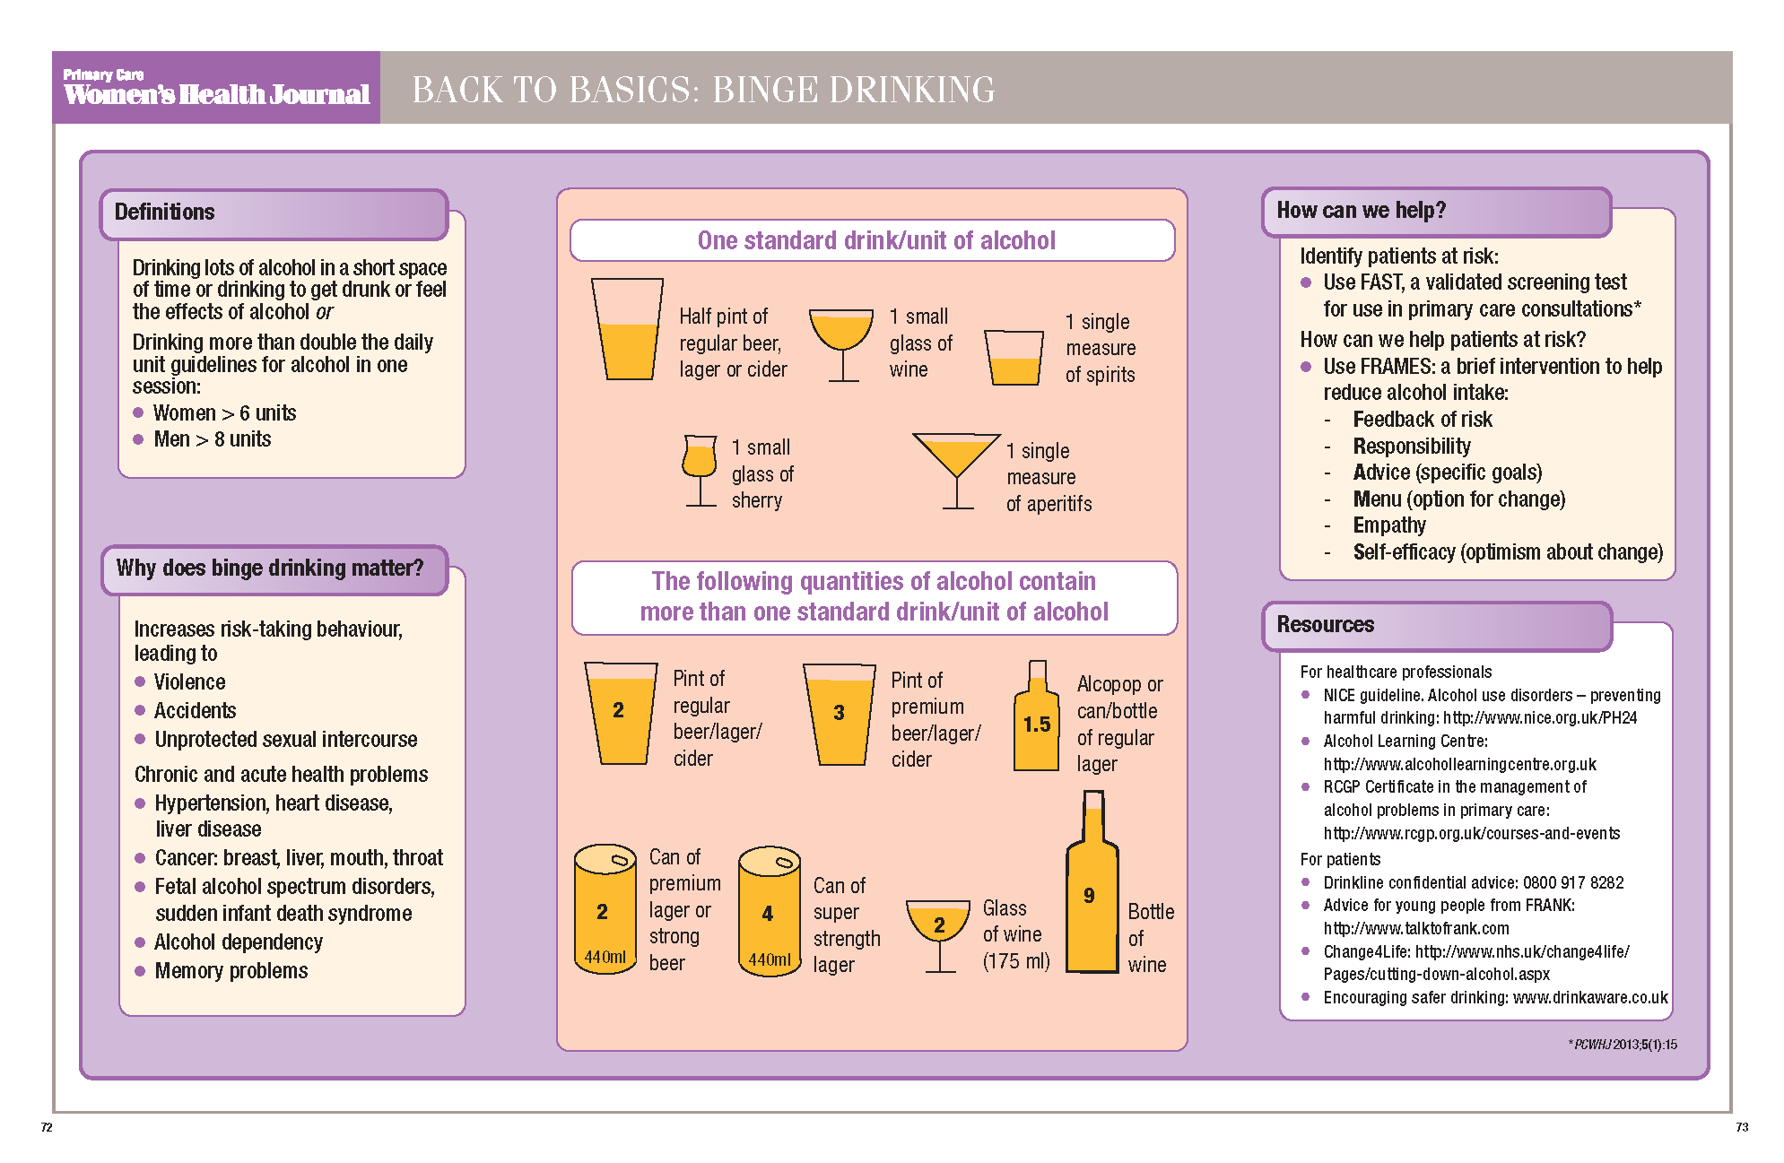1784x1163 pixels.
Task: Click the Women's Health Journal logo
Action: [x=216, y=88]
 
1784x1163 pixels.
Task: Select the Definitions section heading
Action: [x=165, y=213]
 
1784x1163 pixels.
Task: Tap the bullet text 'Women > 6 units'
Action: [x=223, y=413]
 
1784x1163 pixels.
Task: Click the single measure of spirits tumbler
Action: [x=1014, y=358]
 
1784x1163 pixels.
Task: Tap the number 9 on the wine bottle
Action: [x=1089, y=895]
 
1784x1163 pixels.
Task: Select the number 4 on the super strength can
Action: [x=767, y=914]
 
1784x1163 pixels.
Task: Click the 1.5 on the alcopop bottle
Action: [x=1036, y=725]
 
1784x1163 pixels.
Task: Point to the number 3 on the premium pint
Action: [x=839, y=713]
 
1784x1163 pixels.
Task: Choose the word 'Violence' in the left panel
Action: [x=189, y=682]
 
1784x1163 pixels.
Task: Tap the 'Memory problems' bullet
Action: [x=231, y=971]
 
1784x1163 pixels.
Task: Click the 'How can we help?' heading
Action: [x=1361, y=211]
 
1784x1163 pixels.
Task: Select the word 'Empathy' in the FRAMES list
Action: [x=1388, y=525]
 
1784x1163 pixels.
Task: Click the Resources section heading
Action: [x=1325, y=625]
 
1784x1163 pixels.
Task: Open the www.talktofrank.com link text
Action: [x=1416, y=929]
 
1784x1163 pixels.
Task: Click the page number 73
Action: [x=1741, y=1127]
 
